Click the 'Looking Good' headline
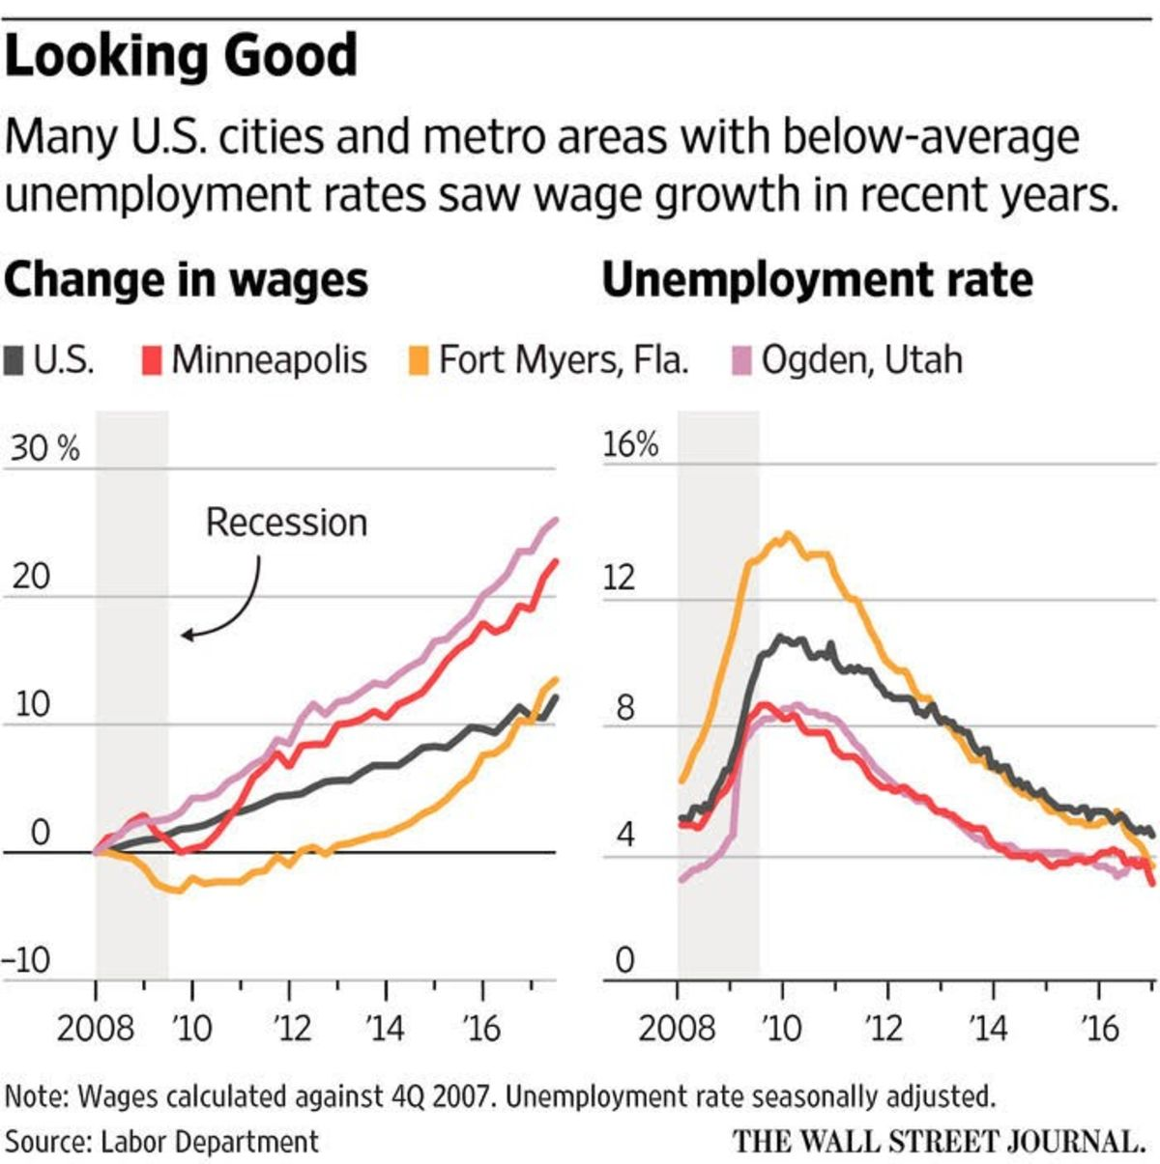tap(181, 56)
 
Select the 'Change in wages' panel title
tap(186, 280)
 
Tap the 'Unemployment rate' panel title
tap(817, 280)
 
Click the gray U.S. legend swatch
tap(14, 360)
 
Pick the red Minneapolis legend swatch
tap(152, 360)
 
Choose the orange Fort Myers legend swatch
tap(417, 360)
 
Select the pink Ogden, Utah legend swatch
tap(741, 360)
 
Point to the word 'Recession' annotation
tap(286, 523)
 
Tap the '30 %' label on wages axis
tap(44, 449)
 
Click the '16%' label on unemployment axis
tap(630, 445)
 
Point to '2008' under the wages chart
tap(95, 1028)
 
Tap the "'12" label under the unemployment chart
tap(884, 1028)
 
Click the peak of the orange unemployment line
tap(789, 533)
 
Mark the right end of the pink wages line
tap(555, 520)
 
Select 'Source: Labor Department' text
tap(161, 1142)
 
